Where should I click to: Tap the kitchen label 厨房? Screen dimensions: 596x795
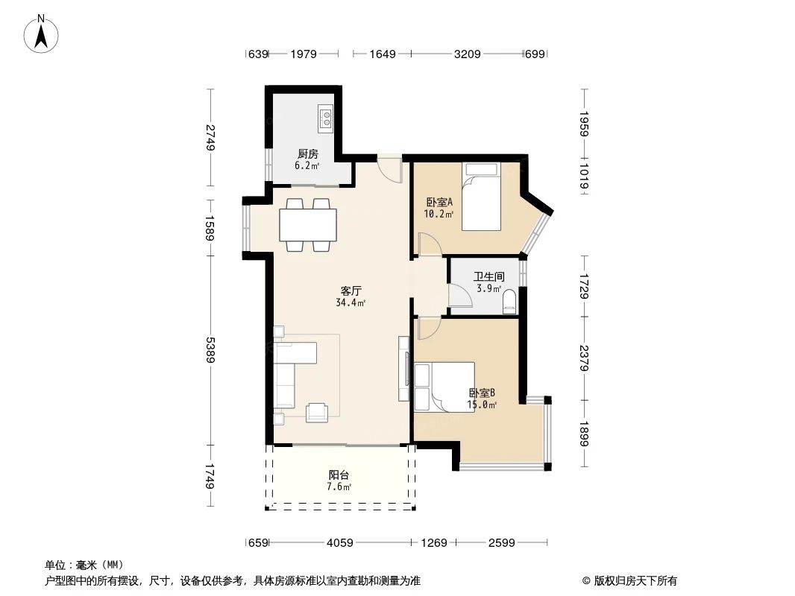point(307,154)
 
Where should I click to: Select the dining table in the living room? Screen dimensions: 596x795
point(307,225)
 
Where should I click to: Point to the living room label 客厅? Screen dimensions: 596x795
point(351,291)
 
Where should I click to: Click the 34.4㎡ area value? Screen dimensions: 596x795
point(351,303)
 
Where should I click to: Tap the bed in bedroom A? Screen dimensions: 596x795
point(481,197)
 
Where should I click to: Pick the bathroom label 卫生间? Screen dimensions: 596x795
point(489,276)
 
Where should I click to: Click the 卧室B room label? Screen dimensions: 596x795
point(482,393)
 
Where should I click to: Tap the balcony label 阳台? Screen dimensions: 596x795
point(339,475)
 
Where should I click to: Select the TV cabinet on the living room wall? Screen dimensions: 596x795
point(404,369)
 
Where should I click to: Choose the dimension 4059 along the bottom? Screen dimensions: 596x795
point(340,543)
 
